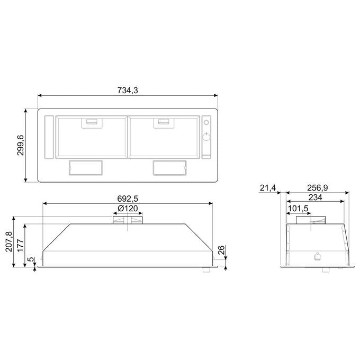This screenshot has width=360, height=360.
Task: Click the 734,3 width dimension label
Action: coord(128,91)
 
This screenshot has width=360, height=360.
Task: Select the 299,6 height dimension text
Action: coord(21,145)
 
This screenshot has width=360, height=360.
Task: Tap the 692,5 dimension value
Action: coord(128,199)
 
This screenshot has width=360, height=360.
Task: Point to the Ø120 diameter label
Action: coord(128,209)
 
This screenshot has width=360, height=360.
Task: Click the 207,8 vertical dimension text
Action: coord(10,241)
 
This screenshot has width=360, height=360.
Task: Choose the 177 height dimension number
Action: coord(21,246)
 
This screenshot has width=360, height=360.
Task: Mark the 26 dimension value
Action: coord(221,250)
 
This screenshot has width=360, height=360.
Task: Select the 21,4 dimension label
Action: coord(268,188)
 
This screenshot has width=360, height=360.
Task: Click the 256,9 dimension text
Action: coord(318,188)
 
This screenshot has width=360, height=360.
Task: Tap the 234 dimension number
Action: coord(315,197)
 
